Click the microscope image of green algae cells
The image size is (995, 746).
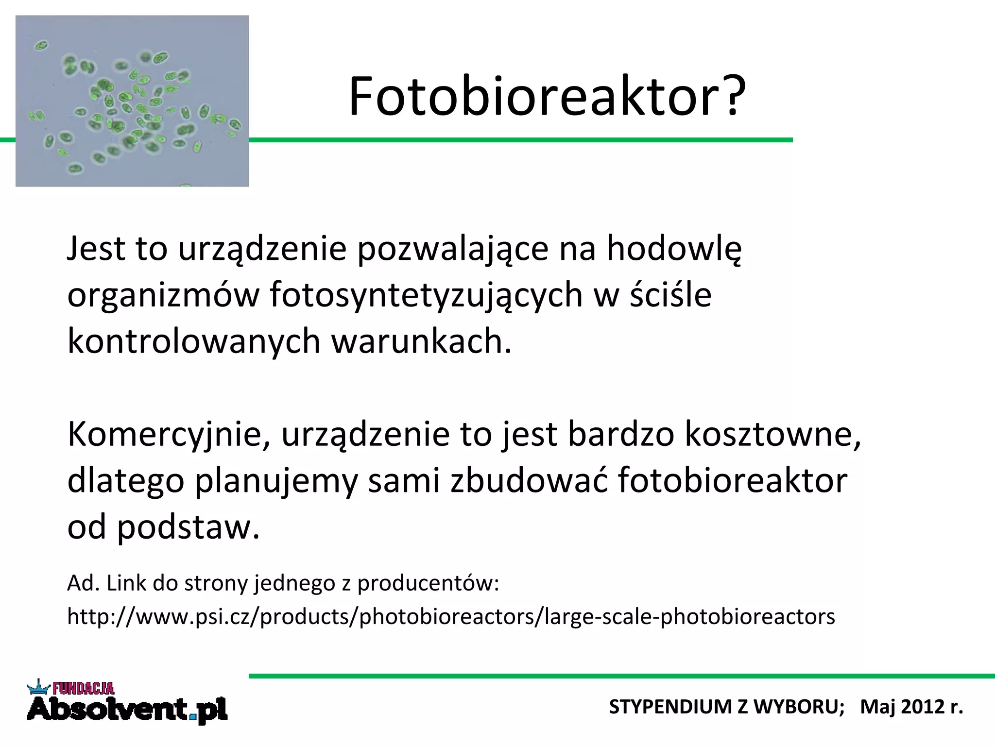tap(132, 101)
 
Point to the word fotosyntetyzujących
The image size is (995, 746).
tap(426, 296)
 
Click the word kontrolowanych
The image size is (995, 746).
tap(194, 341)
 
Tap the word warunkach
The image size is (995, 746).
tap(421, 341)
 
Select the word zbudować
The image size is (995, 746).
tap(529, 480)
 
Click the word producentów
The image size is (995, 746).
tap(428, 583)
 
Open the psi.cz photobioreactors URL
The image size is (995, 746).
tap(451, 617)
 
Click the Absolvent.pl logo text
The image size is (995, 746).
tap(127, 710)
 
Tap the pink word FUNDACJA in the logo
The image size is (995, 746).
tap(83, 688)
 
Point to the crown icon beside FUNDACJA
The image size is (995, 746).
tap(39, 687)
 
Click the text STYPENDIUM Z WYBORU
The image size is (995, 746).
tap(726, 707)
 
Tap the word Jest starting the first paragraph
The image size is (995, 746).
tap(96, 249)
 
